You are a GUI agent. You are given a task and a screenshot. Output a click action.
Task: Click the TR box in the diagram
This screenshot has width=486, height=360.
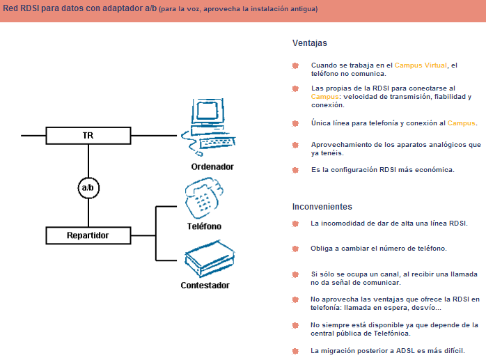click(x=88, y=135)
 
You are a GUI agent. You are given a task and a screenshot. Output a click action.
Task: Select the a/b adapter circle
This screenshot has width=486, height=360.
click(x=88, y=187)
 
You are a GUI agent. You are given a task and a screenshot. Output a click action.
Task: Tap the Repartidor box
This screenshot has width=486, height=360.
click(x=88, y=235)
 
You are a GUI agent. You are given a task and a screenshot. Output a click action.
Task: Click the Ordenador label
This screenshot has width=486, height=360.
click(x=212, y=167)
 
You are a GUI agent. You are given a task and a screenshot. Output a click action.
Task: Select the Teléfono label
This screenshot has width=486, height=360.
click(x=204, y=226)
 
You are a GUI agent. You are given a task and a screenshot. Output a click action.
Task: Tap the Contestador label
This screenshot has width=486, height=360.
click(x=205, y=285)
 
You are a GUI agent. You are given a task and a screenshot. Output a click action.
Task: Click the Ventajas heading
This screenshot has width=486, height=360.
click(x=310, y=43)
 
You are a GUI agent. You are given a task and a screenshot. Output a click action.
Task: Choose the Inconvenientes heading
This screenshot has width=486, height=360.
click(x=322, y=207)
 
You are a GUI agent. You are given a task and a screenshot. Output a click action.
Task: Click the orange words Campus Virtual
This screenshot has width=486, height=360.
click(x=421, y=65)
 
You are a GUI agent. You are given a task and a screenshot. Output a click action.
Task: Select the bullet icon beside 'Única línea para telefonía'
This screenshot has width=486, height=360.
click(x=296, y=123)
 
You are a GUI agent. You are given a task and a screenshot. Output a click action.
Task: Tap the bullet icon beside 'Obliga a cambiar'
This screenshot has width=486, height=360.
click(x=296, y=248)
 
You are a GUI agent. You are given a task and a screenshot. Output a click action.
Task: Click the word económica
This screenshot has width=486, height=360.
click(x=432, y=169)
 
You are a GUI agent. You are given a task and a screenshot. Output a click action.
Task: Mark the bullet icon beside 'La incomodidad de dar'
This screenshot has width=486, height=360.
click(x=296, y=224)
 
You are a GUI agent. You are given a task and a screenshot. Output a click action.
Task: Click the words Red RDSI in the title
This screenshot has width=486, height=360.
click(x=20, y=8)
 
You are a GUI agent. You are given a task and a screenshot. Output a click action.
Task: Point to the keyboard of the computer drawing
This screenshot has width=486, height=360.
click(x=217, y=143)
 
